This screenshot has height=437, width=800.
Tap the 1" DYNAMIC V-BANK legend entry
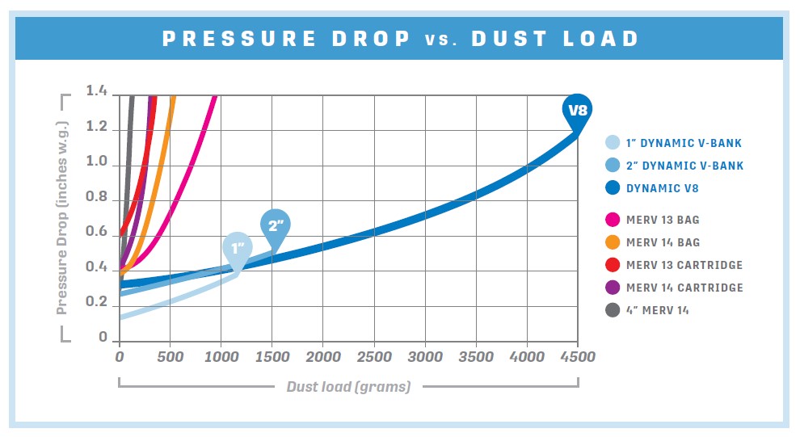click(672, 143)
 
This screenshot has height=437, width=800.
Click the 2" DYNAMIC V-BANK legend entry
click(672, 166)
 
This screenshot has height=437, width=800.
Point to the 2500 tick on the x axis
click(374, 357)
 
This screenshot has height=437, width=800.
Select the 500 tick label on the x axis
click(171, 357)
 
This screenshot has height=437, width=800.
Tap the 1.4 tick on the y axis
click(97, 90)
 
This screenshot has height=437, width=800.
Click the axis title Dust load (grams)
click(348, 387)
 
